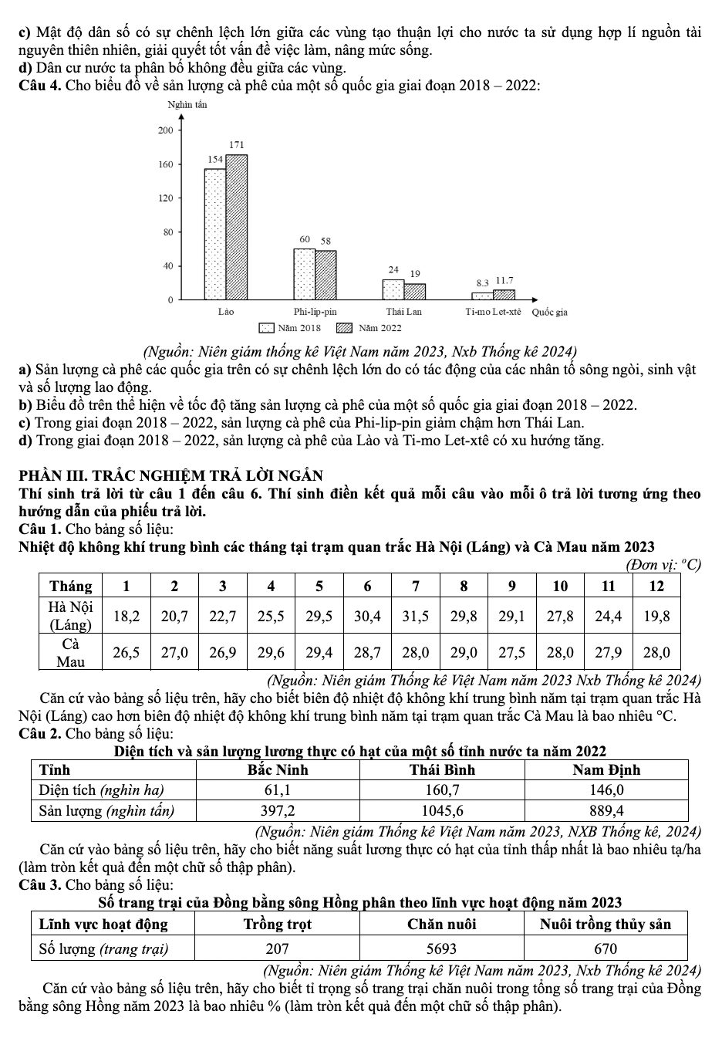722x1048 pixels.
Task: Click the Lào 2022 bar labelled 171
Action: pos(237,227)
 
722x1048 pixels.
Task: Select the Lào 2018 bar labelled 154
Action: pos(215,234)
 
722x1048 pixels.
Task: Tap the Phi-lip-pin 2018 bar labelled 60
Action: pos(304,274)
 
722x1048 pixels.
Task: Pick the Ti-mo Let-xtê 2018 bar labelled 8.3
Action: pos(482,296)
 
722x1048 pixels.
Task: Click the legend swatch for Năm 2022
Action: pos(344,328)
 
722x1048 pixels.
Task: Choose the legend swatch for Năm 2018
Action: pos(267,328)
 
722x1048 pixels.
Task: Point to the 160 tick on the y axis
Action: pos(166,164)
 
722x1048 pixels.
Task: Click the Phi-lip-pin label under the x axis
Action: pos(315,312)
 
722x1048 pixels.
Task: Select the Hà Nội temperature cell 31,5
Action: pos(415,616)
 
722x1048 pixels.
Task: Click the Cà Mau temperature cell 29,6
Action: pos(271,652)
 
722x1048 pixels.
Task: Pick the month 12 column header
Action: pos(656,586)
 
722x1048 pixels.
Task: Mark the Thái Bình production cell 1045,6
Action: pos(442,810)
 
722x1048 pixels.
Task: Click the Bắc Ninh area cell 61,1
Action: pos(278,789)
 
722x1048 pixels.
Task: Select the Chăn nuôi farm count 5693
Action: pos(442,948)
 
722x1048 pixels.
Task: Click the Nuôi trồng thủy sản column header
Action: pos(606,924)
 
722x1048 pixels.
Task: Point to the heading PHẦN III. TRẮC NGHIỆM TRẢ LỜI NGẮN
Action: pos(171,475)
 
